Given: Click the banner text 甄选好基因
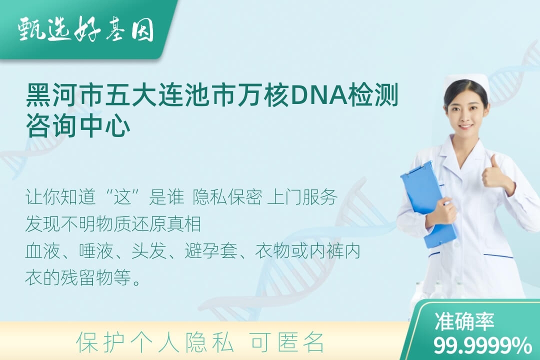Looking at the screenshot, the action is coord(86,29).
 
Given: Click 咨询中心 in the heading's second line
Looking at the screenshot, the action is coord(78,126).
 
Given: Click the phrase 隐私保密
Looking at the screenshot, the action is coord(227,197).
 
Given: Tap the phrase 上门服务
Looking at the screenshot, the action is coord(302,197).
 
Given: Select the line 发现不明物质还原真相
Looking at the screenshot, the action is coord(113,223).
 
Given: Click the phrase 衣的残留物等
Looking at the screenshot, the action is coord(78,277).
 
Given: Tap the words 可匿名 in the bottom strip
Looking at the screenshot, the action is coord(287,342).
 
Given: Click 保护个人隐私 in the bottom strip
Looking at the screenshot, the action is coord(155,342).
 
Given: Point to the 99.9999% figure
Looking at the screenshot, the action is coord(482,345).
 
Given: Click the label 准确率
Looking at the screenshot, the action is coord(464,321).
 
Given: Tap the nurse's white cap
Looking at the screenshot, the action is coord(468,82).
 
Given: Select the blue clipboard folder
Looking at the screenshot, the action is coord(427,204).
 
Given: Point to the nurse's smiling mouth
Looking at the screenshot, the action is coord(466,126).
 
